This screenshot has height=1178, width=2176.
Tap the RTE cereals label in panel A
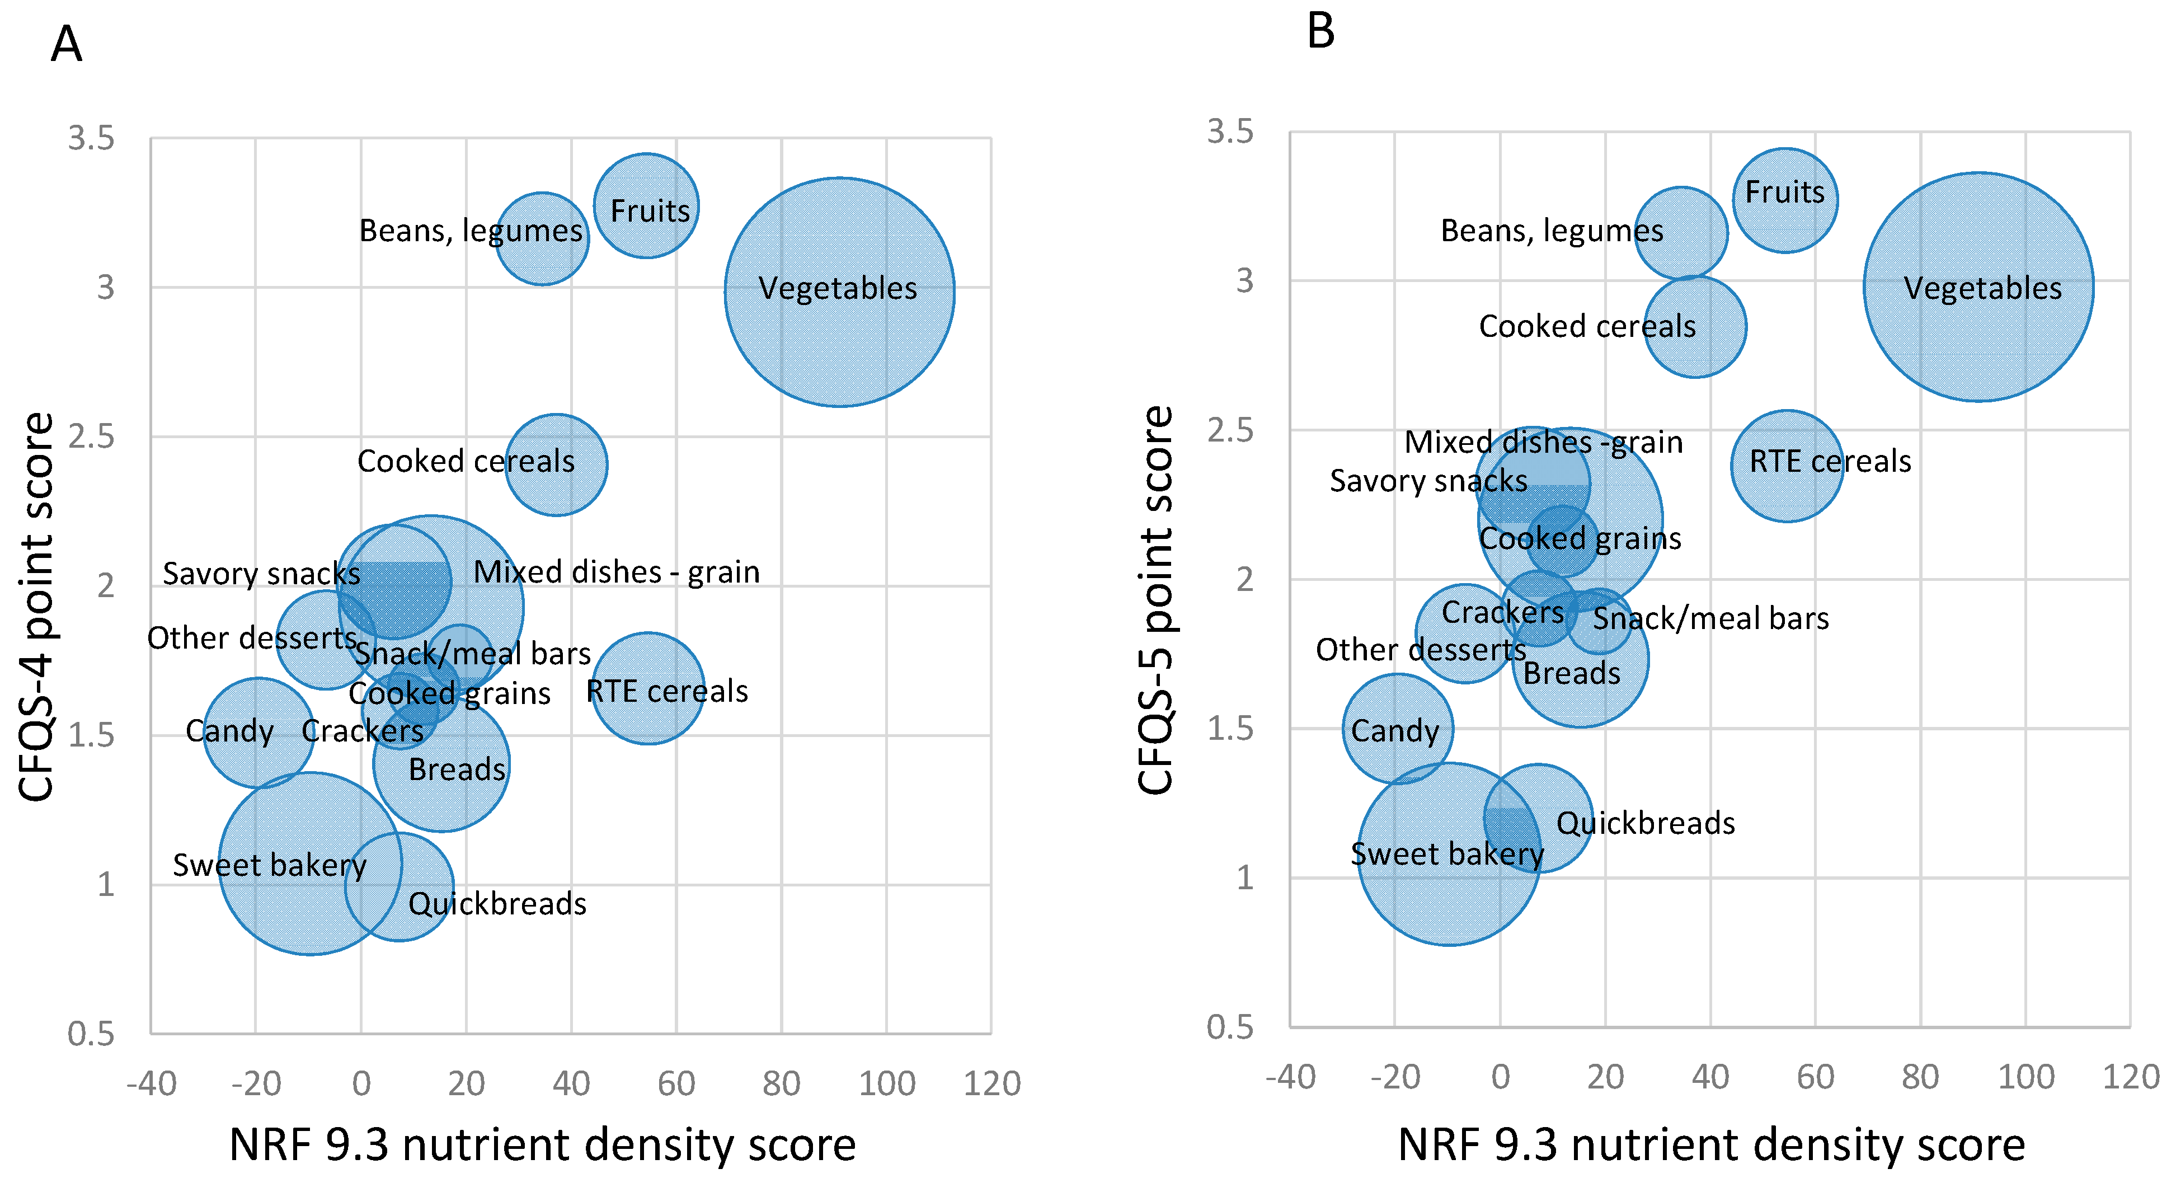tap(668, 691)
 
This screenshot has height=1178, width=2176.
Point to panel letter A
tap(66, 44)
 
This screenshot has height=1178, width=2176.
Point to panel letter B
tap(1320, 31)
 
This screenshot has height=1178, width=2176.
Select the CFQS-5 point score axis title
tap(1155, 600)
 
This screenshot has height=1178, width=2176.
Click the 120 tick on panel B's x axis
tap(2130, 1077)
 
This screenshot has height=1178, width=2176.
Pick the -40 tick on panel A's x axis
tap(151, 1083)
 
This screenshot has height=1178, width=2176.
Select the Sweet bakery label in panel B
tap(1447, 853)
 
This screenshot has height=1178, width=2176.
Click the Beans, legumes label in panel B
tap(1551, 231)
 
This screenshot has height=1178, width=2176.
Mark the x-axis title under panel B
tap(1710, 1145)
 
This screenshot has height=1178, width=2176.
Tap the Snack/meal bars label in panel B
tap(1710, 618)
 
